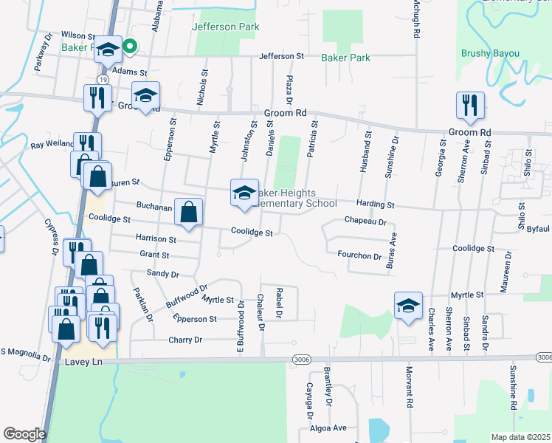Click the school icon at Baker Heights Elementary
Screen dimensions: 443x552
pyautogui.click(x=244, y=193)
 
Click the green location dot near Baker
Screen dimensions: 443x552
pyautogui.click(x=130, y=48)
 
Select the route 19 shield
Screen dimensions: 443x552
pyautogui.click(x=100, y=78)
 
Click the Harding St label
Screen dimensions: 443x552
pyautogui.click(x=376, y=204)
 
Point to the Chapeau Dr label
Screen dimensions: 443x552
pyautogui.click(x=365, y=221)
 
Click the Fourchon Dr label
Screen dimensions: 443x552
pyautogui.click(x=359, y=257)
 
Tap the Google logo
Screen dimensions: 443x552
pyautogui.click(x=24, y=434)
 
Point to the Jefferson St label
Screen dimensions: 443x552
pyautogui.click(x=281, y=56)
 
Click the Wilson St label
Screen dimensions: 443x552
pyautogui.click(x=78, y=35)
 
